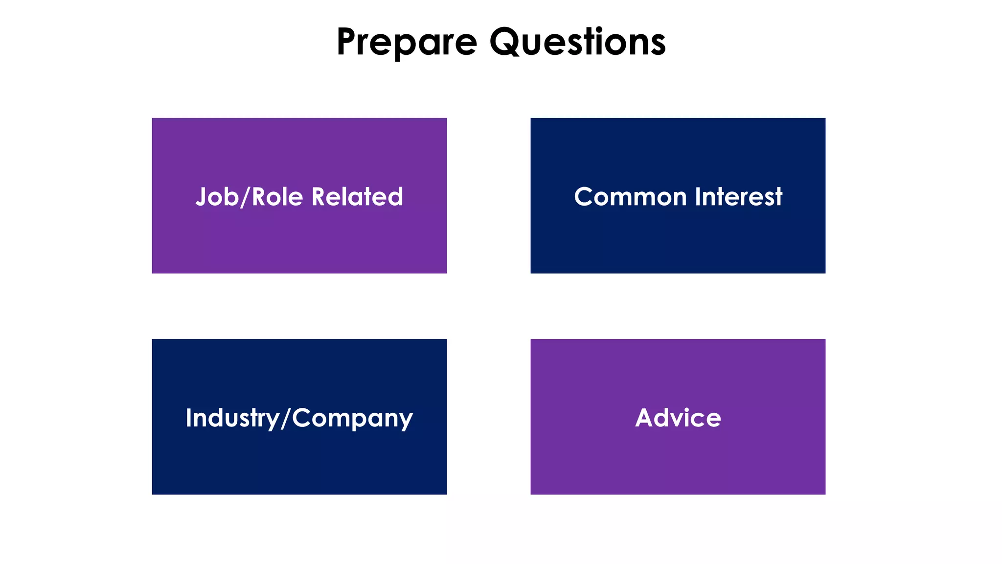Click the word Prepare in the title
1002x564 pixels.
point(407,42)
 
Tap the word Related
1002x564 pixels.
point(357,197)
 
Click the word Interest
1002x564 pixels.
point(739,197)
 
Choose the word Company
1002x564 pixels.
point(352,418)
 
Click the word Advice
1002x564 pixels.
point(678,418)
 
